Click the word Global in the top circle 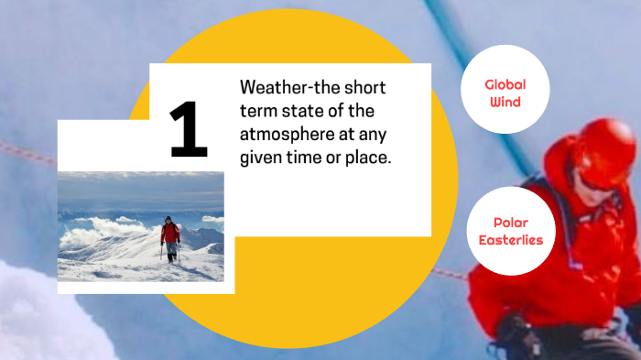click(x=505, y=84)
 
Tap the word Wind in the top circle click(x=505, y=102)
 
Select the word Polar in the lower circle click(x=511, y=223)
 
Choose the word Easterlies click(x=511, y=240)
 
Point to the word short click(x=362, y=88)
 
